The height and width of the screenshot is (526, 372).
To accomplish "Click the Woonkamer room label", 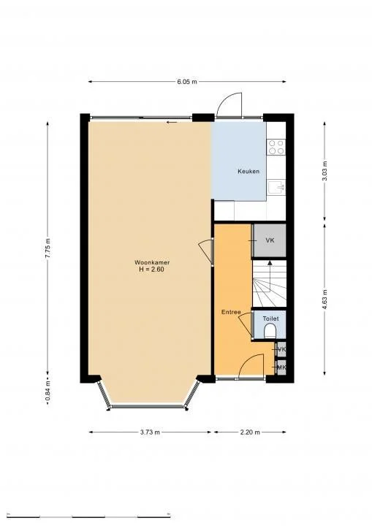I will coord(148,262).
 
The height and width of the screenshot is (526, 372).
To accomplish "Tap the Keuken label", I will coord(248,172).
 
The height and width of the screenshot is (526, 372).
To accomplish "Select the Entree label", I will coord(231,312).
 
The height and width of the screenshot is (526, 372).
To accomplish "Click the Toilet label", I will coord(270,319).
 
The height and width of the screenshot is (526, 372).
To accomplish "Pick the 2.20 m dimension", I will coord(250,432).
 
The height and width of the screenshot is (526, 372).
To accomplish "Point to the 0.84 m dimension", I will coord(48,395).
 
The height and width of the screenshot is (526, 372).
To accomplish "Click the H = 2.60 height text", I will coord(148,270).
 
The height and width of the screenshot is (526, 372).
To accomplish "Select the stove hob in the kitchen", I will coord(276,148).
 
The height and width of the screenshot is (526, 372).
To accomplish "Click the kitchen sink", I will coord(276,188).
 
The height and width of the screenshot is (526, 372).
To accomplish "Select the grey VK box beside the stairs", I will coord(269,240).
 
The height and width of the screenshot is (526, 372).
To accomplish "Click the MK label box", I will coord(281,367).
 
